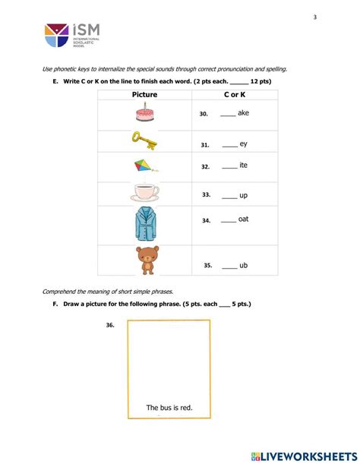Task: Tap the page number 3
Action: pyautogui.click(x=314, y=17)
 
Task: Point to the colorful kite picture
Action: pyautogui.click(x=144, y=166)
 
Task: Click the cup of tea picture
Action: pyautogui.click(x=144, y=194)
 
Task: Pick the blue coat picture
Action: pyautogui.click(x=144, y=225)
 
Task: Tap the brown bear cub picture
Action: pyautogui.click(x=144, y=260)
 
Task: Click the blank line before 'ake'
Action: pyautogui.click(x=227, y=115)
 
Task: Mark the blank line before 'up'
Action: pyautogui.click(x=229, y=196)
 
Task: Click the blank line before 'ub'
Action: pyautogui.click(x=229, y=267)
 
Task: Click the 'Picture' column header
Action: pyautogui.click(x=144, y=95)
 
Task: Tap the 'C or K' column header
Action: pyautogui.click(x=235, y=95)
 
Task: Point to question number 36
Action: pyautogui.click(x=110, y=325)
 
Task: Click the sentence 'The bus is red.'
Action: pyautogui.click(x=169, y=408)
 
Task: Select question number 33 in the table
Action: pyautogui.click(x=206, y=195)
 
